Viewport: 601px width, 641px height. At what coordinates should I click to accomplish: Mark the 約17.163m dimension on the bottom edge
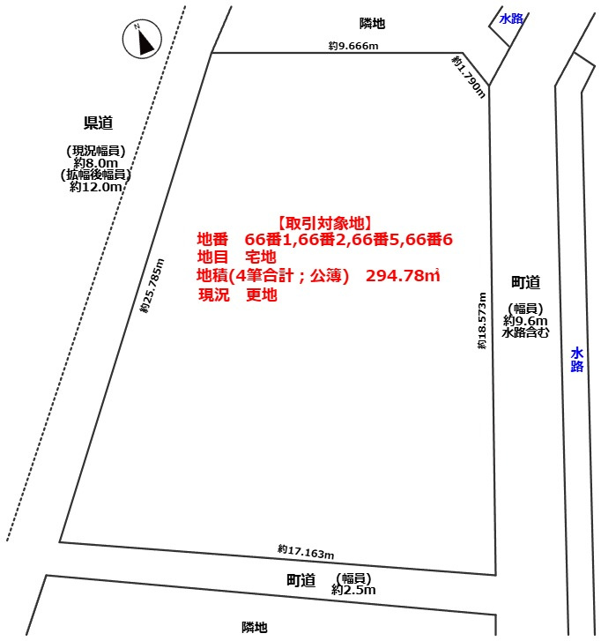(306, 552)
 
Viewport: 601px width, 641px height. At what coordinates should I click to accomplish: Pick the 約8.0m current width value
(96, 163)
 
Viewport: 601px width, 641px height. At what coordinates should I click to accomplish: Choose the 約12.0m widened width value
(96, 187)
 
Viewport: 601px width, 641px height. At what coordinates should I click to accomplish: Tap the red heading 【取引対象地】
(323, 223)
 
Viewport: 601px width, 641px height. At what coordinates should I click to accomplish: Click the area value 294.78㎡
(403, 277)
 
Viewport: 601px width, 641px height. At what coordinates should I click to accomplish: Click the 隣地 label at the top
(373, 24)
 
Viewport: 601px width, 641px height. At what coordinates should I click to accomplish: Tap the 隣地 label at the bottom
(255, 627)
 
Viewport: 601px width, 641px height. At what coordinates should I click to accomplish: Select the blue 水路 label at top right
(511, 19)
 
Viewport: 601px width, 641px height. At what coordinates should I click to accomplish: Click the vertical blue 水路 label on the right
(576, 360)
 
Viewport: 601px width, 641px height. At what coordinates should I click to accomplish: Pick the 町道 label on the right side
(525, 282)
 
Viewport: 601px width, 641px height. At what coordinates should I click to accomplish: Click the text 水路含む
(525, 333)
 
